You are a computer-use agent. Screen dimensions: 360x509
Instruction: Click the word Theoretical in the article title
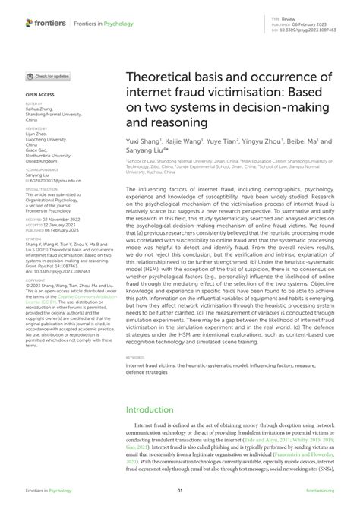tap(158, 77)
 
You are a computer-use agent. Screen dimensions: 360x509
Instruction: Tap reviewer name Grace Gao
tap(38, 145)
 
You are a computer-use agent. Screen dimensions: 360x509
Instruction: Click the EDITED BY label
tap(35, 103)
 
